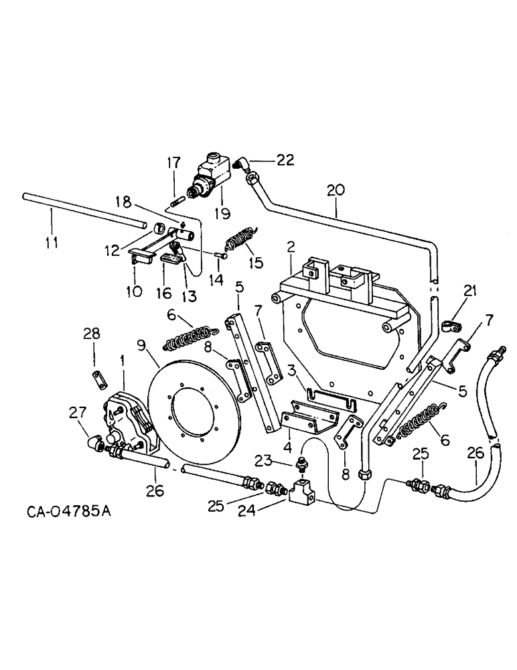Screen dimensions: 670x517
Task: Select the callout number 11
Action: [x=51, y=240]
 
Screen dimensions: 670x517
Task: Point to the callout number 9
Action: [x=141, y=346]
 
